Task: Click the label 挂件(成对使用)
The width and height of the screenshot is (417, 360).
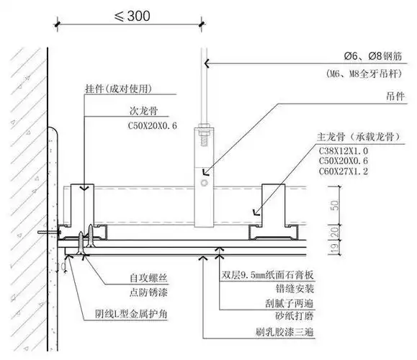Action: pyautogui.click(x=120, y=91)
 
